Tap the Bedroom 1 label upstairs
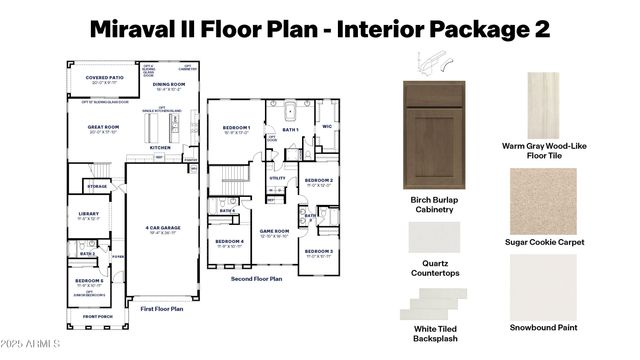pyautogui.click(x=236, y=128)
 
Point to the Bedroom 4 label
pyautogui.click(x=229, y=241)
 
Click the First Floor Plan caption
pyautogui.click(x=162, y=309)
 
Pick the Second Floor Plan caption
pyautogui.click(x=256, y=278)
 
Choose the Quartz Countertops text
pyautogui.click(x=435, y=269)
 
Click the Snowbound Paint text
pyautogui.click(x=543, y=326)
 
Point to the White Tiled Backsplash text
pyautogui.click(x=434, y=332)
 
